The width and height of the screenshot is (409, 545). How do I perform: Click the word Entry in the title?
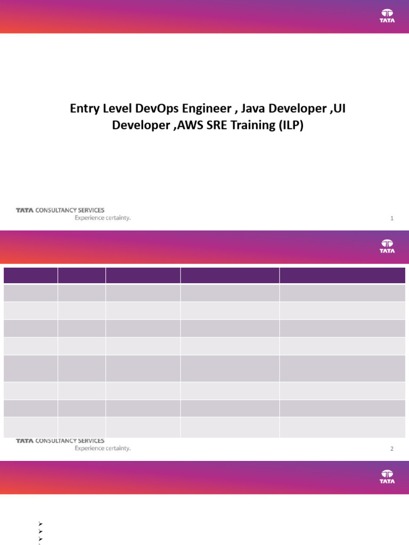point(84,109)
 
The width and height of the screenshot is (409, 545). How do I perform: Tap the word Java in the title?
point(253,109)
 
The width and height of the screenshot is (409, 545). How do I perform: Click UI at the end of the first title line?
point(345,109)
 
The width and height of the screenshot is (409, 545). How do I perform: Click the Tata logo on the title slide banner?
point(387,16)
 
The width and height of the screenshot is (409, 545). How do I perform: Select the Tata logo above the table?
point(387,246)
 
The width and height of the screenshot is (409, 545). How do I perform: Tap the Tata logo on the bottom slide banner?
point(387,476)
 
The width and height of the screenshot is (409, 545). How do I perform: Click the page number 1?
point(392,218)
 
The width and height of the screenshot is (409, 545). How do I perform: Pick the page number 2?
point(392,449)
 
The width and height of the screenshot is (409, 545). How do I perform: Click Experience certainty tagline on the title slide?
point(102,218)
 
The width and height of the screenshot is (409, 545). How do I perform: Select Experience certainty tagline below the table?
point(102,448)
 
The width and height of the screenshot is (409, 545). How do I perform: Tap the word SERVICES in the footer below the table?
point(91,441)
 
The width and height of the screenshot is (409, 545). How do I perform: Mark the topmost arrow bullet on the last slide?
point(40,524)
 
